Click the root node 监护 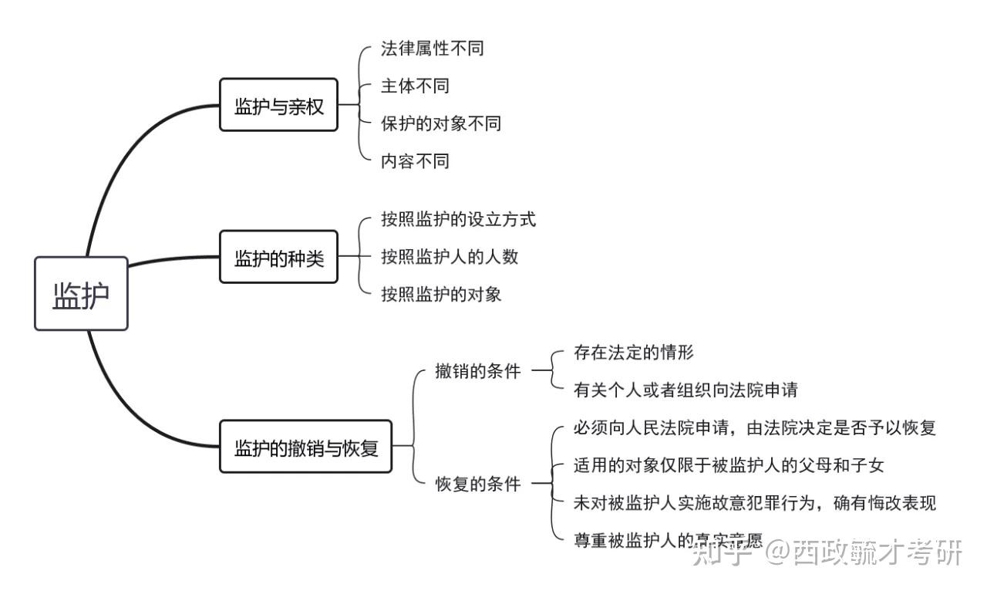pos(81,294)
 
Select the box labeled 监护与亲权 pos(278,105)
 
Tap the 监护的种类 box pos(278,257)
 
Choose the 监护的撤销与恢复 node pos(306,446)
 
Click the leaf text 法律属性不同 pos(432,49)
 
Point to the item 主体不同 pos(415,86)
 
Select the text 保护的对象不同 pos(440,123)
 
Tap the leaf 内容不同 pos(415,161)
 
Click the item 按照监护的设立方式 pos(458,219)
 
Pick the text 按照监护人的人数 pos(449,256)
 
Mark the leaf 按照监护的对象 pos(440,294)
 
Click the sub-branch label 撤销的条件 pos(477,371)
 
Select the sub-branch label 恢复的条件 pos(477,484)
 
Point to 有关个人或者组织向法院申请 pos(685,390)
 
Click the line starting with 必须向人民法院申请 pos(754,427)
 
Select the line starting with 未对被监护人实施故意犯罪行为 pos(754,503)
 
